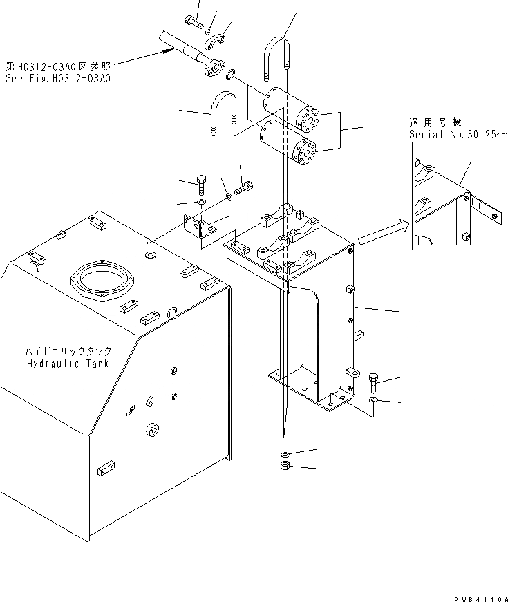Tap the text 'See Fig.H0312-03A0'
tap(58, 78)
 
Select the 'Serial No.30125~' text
tap(458, 133)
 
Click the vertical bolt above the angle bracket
tap(202, 185)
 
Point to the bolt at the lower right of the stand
tap(374, 381)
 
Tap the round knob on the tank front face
tap(152, 431)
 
